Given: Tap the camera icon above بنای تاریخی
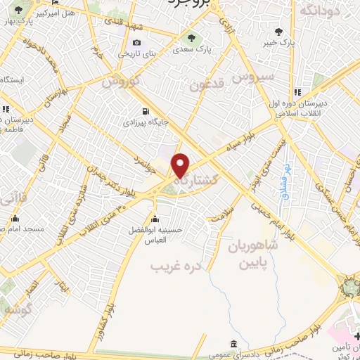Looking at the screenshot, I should pos(136,42).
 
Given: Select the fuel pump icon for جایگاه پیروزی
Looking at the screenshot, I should pos(145,110).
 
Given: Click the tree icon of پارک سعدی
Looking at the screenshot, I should pos(189,38).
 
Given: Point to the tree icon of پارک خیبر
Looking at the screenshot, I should pos(279,31).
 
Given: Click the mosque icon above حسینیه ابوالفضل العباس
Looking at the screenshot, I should pos(155,219).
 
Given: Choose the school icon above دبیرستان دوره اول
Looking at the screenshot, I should pos(298,92).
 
